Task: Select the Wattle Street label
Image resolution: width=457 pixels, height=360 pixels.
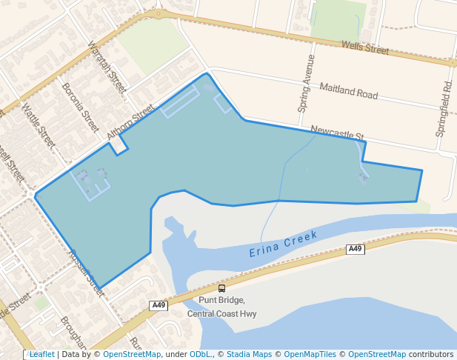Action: tap(38, 125)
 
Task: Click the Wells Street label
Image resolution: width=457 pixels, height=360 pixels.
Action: tap(365, 48)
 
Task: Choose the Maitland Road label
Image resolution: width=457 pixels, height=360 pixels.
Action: tap(348, 91)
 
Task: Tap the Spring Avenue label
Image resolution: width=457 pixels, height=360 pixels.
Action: tap(307, 83)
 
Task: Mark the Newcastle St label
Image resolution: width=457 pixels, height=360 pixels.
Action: tap(338, 133)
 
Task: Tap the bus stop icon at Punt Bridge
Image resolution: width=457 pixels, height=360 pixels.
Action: tap(221, 288)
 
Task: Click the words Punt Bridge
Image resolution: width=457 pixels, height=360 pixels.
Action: tap(221, 301)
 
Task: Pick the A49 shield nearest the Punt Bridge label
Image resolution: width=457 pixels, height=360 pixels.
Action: tap(159, 305)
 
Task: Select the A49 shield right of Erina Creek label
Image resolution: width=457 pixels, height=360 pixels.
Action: tap(356, 250)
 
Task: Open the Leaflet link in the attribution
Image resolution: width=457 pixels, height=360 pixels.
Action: tap(41, 354)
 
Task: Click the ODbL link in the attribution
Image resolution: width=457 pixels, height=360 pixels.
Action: tap(201, 354)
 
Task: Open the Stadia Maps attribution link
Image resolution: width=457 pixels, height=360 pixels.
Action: tap(249, 354)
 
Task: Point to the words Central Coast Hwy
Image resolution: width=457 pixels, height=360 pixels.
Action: tap(221, 313)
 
